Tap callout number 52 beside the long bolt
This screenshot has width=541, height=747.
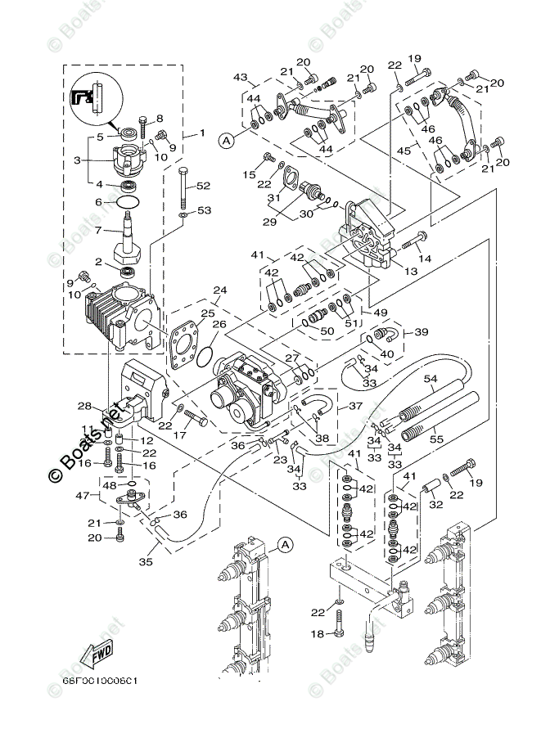(204, 186)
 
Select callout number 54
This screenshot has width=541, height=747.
(431, 379)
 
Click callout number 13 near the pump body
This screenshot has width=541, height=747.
(410, 271)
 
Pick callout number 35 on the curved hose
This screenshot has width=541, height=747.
(147, 563)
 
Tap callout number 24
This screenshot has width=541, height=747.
(219, 290)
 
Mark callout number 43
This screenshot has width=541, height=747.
(240, 78)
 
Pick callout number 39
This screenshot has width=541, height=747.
(422, 331)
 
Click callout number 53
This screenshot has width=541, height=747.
(204, 211)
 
